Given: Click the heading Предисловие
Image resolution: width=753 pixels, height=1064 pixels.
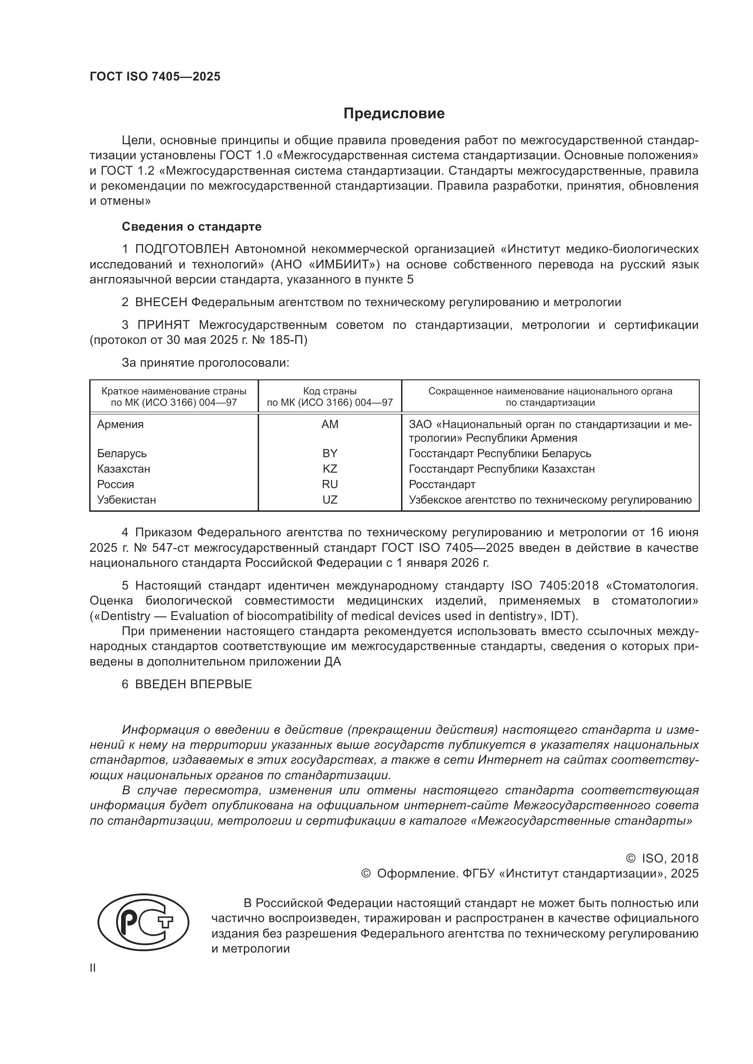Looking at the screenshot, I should coord(394,114).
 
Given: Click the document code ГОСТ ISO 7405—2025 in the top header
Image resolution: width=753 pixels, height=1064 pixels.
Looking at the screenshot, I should coord(155,76).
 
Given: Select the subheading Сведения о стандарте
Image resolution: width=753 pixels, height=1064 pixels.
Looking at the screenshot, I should coord(192,227).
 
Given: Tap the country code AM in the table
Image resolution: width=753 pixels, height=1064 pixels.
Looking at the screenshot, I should coord(330,424).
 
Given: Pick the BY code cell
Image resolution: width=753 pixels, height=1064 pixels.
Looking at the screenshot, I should coord(330,453).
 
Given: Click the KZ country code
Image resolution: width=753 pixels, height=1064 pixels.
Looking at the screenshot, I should coord(330,469).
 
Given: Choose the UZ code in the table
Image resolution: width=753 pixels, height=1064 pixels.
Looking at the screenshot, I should coord(330,499).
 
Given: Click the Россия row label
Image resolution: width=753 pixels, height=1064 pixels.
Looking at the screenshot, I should coord(116,484).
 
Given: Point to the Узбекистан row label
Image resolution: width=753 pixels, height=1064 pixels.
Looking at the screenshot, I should coord(126,499).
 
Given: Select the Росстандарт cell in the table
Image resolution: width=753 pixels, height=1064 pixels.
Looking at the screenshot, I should coord(442,484).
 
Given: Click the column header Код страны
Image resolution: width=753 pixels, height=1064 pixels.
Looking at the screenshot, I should coord(330,391).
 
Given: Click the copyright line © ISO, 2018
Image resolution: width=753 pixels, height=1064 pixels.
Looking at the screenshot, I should coord(662,858).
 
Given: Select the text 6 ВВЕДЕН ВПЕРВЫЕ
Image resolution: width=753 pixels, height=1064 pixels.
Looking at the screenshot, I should coord(187,684).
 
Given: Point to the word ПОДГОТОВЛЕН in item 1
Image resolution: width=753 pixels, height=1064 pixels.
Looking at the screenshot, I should coord(182,249).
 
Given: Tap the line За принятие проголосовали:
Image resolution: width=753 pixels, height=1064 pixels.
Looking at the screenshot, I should coord(205,363).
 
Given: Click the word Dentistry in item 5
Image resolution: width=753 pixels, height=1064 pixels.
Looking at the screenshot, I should coord(124,616).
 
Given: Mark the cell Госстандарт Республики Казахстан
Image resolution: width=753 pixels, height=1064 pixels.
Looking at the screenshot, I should coord(501,469).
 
